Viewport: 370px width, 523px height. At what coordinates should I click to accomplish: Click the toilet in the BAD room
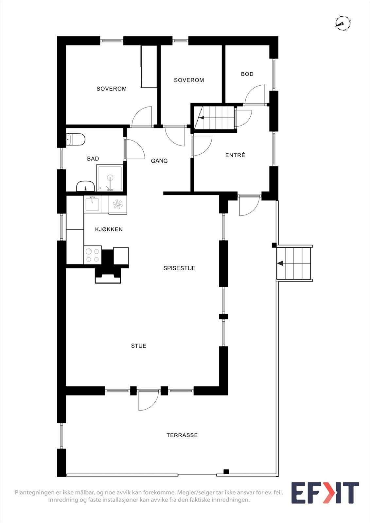tap(76, 139)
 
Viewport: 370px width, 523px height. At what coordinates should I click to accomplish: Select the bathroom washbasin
tap(85, 186)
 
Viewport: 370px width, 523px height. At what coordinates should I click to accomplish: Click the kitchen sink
tap(92, 204)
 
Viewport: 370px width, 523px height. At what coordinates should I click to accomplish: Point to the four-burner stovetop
tap(93, 255)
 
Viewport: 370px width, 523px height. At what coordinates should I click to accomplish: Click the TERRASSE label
tap(182, 435)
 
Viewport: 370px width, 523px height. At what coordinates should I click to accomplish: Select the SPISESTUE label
tap(179, 268)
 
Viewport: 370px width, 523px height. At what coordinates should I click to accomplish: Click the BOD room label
tap(247, 74)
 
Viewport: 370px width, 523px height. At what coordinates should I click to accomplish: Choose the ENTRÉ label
tap(235, 155)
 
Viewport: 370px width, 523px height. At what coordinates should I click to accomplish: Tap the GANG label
tap(159, 161)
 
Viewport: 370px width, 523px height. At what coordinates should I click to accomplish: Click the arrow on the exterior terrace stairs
tap(280, 263)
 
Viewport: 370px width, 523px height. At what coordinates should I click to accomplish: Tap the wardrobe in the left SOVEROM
tap(149, 67)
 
